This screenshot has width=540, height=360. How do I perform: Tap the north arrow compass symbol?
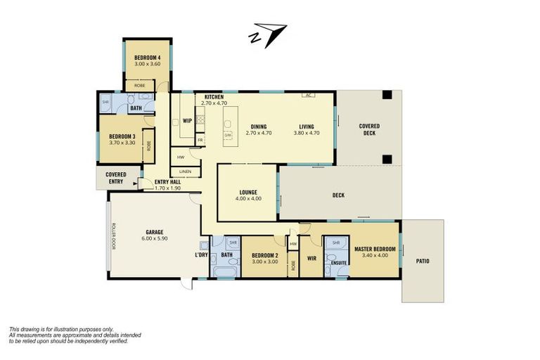[268, 34]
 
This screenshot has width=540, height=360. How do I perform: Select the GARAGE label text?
[155, 231]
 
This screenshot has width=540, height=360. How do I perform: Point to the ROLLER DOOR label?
[112, 236]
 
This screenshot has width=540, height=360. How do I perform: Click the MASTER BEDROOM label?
[375, 249]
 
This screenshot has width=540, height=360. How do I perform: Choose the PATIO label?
[422, 262]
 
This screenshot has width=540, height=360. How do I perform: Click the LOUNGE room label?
[247, 192]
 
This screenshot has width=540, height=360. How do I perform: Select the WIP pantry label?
[187, 120]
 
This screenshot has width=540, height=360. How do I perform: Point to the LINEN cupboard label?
[185, 171]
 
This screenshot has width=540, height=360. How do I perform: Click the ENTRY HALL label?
[168, 182]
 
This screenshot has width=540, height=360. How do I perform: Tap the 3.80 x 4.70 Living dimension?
[306, 133]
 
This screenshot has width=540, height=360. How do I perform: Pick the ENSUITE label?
[339, 263]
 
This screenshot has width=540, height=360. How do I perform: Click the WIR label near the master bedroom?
[311, 257]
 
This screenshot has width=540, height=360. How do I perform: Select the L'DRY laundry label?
[201, 255]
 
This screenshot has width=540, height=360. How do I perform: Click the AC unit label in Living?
[308, 95]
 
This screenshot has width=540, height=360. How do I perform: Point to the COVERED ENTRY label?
[116, 178]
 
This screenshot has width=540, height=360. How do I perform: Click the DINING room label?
[258, 127]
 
